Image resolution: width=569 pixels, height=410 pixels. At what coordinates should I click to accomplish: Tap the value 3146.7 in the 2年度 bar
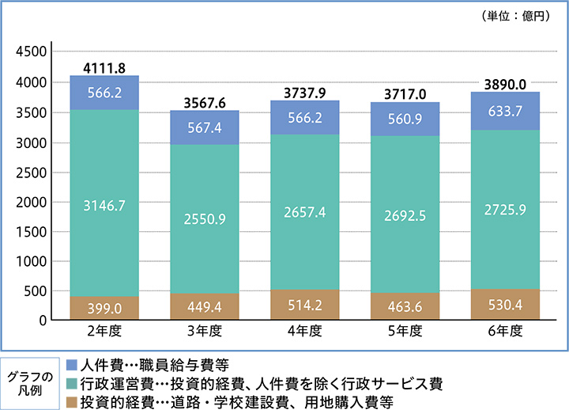105,204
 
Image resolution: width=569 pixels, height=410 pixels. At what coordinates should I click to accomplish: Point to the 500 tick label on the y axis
38,291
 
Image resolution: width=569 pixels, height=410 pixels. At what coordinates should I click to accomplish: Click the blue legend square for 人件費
73,365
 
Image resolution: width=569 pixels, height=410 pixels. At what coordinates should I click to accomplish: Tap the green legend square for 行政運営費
73,382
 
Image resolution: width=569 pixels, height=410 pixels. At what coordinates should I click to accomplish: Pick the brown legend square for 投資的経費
73,400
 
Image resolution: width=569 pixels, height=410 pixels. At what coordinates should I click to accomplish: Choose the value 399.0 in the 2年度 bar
105,306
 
